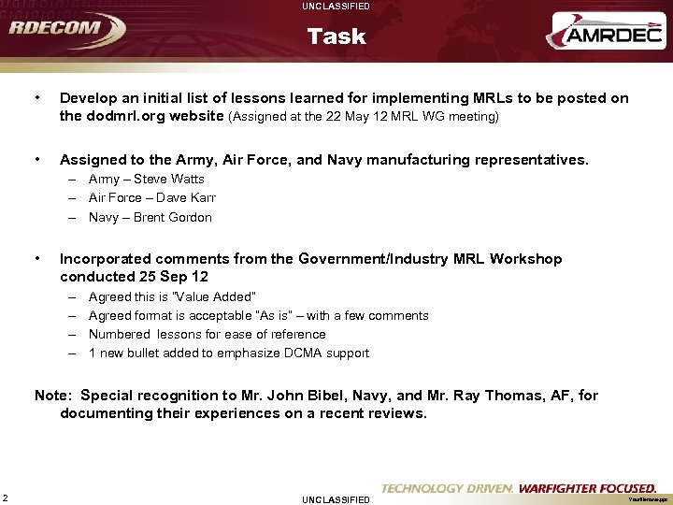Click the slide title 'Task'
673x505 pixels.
click(336, 36)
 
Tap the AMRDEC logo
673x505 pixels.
click(605, 36)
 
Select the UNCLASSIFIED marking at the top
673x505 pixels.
click(336, 7)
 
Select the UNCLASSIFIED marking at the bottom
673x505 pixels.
click(336, 499)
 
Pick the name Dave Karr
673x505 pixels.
click(186, 197)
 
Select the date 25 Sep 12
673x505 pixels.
click(174, 277)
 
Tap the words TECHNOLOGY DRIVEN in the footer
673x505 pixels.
click(447, 488)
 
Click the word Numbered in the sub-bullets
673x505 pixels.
click(119, 334)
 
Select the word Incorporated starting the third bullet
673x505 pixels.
click(108, 258)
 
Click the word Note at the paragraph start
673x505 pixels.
click(51, 396)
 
